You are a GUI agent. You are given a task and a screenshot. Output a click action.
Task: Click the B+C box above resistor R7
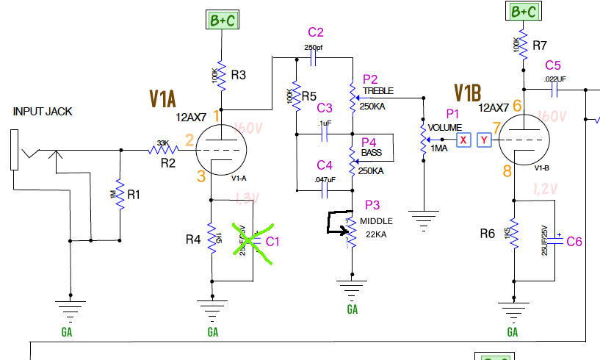(x=521, y=12)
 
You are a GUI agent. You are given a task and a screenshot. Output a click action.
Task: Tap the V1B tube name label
(x=467, y=92)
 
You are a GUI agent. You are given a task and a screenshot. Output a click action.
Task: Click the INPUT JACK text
(x=43, y=112)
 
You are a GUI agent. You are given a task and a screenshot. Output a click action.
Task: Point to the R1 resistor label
(x=133, y=195)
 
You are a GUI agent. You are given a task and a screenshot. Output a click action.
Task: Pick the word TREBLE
(x=378, y=91)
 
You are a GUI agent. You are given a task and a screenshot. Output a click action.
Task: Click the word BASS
(x=372, y=152)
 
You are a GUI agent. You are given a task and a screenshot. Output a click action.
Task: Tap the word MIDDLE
(x=377, y=221)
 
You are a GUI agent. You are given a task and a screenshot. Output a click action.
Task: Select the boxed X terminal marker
(x=463, y=140)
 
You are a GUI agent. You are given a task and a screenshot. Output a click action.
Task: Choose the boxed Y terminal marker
(x=483, y=140)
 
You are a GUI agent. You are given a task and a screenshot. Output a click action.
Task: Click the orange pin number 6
(x=517, y=107)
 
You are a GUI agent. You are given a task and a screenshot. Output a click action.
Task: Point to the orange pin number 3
(x=200, y=176)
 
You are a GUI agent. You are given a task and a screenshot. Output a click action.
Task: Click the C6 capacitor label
(x=574, y=241)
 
